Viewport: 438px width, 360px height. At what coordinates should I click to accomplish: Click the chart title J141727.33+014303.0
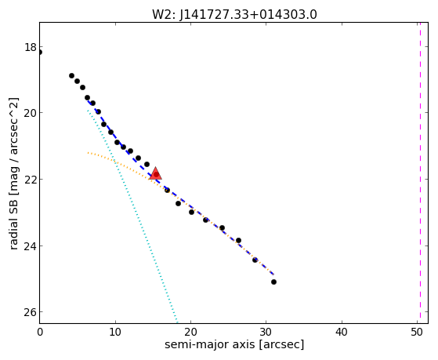click(248, 15)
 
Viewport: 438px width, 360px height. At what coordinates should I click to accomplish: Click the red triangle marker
click(156, 173)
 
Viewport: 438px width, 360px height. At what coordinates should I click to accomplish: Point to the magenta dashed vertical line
click(420, 173)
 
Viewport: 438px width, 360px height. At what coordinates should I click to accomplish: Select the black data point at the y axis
click(40, 52)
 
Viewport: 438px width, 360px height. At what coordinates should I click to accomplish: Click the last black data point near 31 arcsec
click(273, 282)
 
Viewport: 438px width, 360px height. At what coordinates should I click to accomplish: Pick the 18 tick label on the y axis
click(31, 47)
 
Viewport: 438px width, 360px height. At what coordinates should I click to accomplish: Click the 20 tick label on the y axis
click(30, 113)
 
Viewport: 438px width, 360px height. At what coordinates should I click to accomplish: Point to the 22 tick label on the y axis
click(30, 180)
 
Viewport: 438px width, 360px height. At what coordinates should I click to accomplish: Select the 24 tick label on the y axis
click(30, 245)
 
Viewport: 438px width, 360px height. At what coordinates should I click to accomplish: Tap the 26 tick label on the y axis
click(30, 312)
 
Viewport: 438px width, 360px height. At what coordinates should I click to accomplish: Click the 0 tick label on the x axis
click(40, 332)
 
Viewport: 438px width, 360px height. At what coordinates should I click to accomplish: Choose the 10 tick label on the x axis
click(115, 332)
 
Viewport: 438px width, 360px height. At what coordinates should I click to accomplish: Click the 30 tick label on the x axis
click(266, 332)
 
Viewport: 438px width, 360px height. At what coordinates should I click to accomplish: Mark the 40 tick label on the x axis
click(342, 332)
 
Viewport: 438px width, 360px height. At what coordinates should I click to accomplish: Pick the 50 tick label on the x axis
click(417, 332)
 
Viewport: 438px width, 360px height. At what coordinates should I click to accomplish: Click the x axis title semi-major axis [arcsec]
click(234, 344)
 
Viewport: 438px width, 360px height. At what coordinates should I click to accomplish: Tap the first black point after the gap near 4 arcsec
click(71, 75)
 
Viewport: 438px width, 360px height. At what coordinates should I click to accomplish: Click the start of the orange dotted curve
click(88, 153)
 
